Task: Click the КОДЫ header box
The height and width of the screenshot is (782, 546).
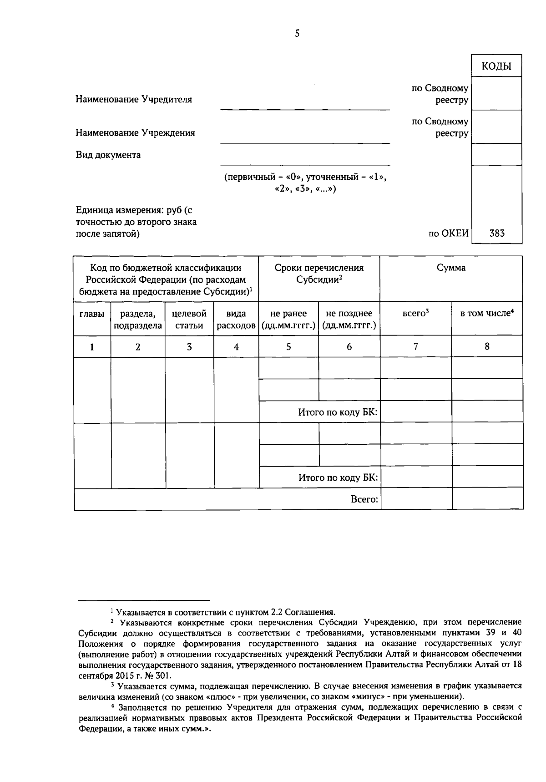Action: (496, 66)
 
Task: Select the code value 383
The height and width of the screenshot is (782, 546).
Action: (496, 234)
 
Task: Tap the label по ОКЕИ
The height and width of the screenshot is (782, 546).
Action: (448, 234)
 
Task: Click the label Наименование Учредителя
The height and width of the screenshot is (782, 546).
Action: (134, 99)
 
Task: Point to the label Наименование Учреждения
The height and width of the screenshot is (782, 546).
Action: (135, 133)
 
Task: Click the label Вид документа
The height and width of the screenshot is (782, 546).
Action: (108, 155)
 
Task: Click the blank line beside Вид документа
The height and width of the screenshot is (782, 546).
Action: (305, 160)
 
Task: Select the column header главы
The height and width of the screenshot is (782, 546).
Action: (92, 314)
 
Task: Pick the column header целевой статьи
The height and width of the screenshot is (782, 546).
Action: (189, 319)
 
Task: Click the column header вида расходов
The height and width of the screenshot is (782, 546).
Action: (236, 319)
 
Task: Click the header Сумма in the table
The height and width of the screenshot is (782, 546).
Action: (451, 268)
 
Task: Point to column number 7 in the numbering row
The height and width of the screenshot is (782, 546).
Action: (415, 346)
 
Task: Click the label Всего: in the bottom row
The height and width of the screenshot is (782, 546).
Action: (364, 499)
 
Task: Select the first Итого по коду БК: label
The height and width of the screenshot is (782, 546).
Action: (338, 412)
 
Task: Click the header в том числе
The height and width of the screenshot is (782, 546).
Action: (486, 313)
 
